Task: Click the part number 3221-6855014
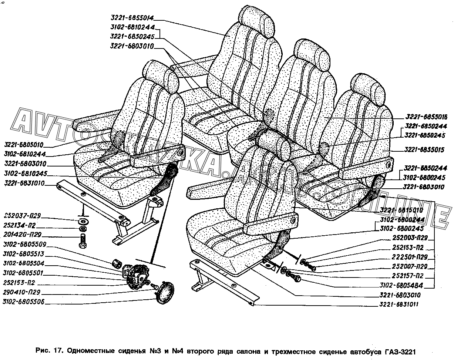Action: point(132,17)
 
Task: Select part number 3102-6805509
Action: point(24,245)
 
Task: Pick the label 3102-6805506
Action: point(24,302)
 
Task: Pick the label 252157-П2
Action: point(408,276)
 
